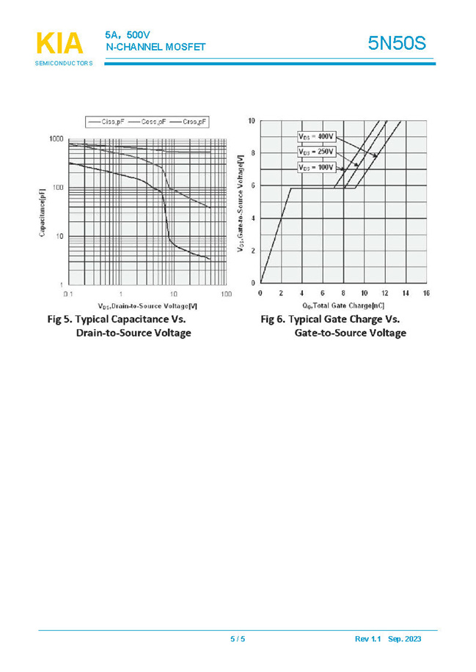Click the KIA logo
[59, 43]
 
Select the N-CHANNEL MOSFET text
[155, 48]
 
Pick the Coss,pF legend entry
[147, 122]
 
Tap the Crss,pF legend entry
[188, 122]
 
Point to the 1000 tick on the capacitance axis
[56, 139]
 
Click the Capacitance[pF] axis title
[42, 213]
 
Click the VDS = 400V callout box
[316, 136]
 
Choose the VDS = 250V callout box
[316, 152]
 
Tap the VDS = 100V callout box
[316, 168]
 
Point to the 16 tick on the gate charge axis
[425, 293]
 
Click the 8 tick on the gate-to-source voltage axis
[252, 153]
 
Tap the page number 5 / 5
[238, 640]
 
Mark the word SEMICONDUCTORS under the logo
[64, 64]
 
